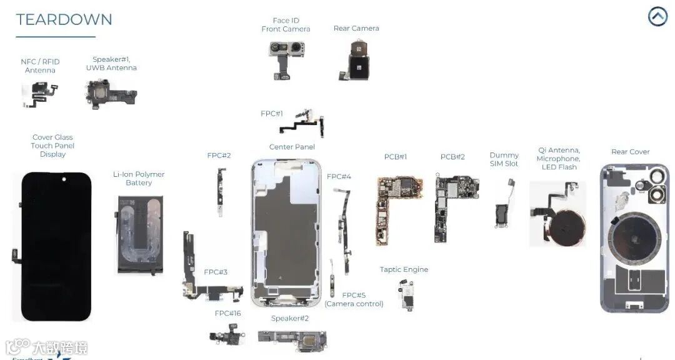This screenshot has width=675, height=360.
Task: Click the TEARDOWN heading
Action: coord(64,19)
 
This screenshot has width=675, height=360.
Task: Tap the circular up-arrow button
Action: coord(657,16)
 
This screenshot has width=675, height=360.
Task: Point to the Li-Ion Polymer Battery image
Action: coord(140,234)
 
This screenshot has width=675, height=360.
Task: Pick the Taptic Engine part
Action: coord(407,294)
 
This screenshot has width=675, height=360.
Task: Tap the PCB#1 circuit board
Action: coord(394,206)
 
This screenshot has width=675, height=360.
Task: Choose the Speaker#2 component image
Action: coord(292,340)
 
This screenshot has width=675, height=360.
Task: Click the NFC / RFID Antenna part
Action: coord(41,94)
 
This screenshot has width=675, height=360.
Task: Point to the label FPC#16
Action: coord(227,313)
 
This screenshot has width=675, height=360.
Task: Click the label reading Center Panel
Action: coord(292,147)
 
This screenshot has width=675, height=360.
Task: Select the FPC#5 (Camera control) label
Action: coord(354,299)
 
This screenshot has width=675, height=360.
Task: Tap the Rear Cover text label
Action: coord(630,152)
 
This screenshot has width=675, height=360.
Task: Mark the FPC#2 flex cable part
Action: coord(221,191)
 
